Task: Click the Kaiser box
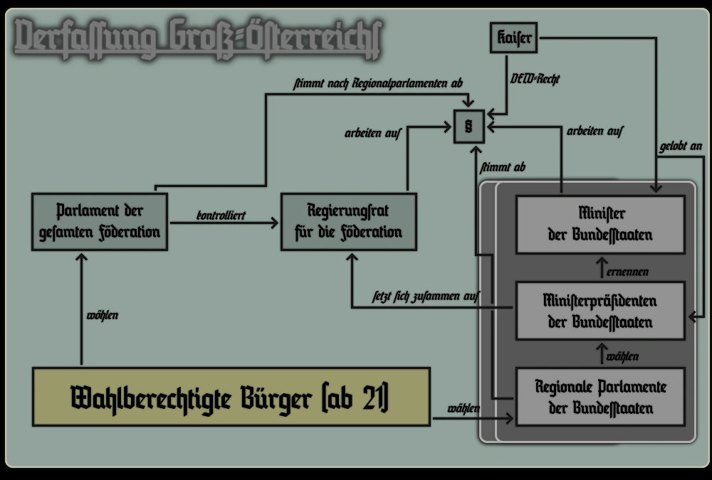click(x=513, y=38)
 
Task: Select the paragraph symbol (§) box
click(x=468, y=127)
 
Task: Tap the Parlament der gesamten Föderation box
click(x=100, y=221)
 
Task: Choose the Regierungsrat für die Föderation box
click(x=348, y=221)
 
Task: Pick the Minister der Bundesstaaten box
click(x=600, y=224)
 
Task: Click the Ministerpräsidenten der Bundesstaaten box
click(x=600, y=311)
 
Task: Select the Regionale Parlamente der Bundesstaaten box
click(x=600, y=397)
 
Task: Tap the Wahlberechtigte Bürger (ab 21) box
click(x=231, y=397)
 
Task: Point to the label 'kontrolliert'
click(x=221, y=214)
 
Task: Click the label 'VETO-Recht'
click(x=535, y=79)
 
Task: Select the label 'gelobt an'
click(x=681, y=146)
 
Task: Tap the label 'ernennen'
click(x=627, y=272)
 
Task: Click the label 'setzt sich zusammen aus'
click(x=426, y=295)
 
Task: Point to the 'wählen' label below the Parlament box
click(x=102, y=315)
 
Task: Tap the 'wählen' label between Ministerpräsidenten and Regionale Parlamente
click(x=623, y=356)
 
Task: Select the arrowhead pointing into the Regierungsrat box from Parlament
click(x=275, y=223)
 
